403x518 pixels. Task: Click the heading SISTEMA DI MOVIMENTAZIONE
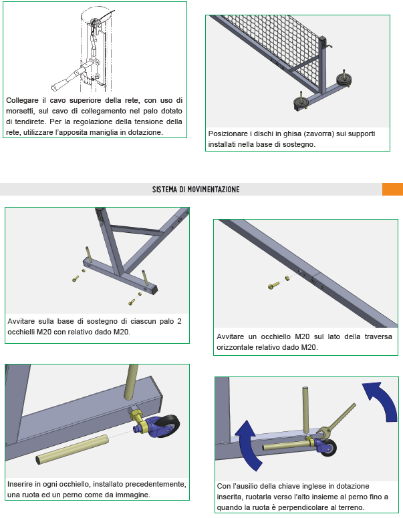196,190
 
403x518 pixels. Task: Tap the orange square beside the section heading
392,190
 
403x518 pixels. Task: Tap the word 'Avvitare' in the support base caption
21,321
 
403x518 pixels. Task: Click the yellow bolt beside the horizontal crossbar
273,286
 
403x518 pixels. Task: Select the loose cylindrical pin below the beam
72,450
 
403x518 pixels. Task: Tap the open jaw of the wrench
323,433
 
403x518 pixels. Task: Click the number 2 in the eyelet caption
179,321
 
